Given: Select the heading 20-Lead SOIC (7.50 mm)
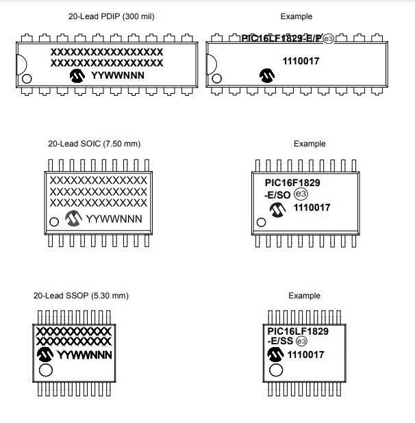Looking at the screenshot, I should pyautogui.click(x=94, y=144).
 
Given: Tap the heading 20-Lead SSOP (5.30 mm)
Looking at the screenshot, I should pyautogui.click(x=81, y=296).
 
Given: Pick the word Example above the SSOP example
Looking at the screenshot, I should pyautogui.click(x=304, y=296).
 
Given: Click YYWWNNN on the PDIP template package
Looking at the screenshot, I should pyautogui.click(x=118, y=75).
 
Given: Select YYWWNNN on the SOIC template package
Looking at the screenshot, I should pyautogui.click(x=115, y=219).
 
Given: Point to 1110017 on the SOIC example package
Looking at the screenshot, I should pyautogui.click(x=312, y=208).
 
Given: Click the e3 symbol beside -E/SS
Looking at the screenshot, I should pyautogui.click(x=301, y=342).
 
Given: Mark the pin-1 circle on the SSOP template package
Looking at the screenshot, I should pyautogui.click(x=46, y=370).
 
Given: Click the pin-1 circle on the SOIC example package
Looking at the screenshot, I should pyautogui.click(x=260, y=222).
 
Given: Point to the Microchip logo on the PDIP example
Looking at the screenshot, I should pyautogui.click(x=265, y=74).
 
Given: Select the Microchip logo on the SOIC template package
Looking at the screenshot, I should pyautogui.click(x=73, y=218).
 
